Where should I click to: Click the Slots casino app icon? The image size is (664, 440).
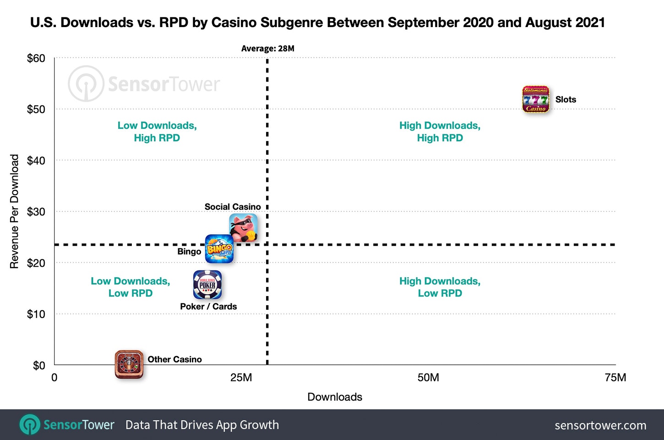coord(535,99)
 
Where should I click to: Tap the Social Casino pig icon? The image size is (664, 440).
coord(243,228)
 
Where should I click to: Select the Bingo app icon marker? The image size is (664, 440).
coord(219,249)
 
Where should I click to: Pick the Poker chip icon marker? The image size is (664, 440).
coord(207,285)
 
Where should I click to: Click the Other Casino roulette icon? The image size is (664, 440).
coord(129,364)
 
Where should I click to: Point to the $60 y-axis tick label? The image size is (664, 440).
coord(36,58)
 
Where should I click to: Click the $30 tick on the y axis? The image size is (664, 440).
coord(36,212)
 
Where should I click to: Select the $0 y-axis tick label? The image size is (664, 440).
coord(39,365)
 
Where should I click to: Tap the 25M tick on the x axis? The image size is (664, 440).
coord(241,378)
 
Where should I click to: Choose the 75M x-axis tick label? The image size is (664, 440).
coord(615,378)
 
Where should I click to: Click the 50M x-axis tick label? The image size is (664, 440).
coord(428,378)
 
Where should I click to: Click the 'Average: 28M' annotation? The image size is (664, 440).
coord(267,49)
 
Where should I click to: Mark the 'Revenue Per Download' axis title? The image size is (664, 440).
coord(15,211)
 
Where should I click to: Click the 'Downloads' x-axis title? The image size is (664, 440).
coord(335,397)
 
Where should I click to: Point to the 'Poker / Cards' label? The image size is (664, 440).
coord(208,307)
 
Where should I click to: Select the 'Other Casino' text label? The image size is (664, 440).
coord(174,359)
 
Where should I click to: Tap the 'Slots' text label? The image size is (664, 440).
coord(566,99)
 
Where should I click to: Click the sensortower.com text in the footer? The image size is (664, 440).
coord(600,425)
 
